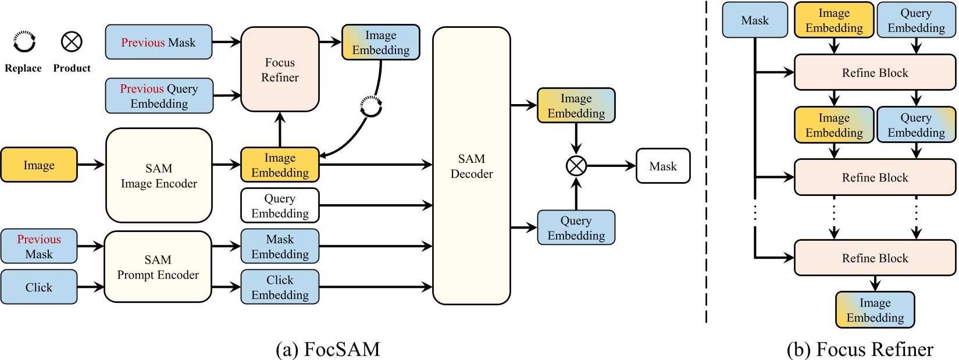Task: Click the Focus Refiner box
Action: click(x=280, y=69)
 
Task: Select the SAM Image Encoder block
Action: click(x=159, y=176)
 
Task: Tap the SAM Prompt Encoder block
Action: click(x=158, y=267)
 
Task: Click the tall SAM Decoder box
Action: click(x=471, y=166)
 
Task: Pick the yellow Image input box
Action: click(x=39, y=165)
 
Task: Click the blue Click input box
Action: click(x=39, y=287)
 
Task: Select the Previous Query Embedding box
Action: click(x=159, y=96)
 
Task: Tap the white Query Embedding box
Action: click(x=280, y=205)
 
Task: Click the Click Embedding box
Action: click(x=280, y=287)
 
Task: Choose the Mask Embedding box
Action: click(x=280, y=246)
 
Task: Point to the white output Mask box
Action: click(x=662, y=166)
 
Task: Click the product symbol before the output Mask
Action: click(x=576, y=166)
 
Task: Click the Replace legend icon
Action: click(x=24, y=42)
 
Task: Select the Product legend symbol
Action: click(x=72, y=42)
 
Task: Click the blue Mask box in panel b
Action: click(x=754, y=20)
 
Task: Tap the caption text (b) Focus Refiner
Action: click(x=859, y=349)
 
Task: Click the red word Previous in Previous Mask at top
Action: click(x=142, y=42)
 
